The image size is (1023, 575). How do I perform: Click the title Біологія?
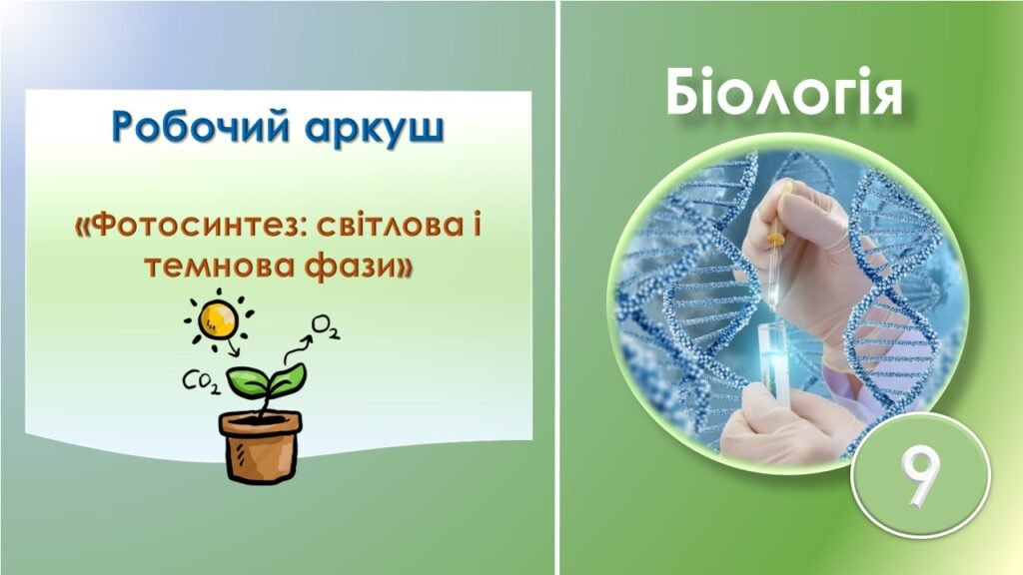785,96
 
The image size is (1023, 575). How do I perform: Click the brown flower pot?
260,443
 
